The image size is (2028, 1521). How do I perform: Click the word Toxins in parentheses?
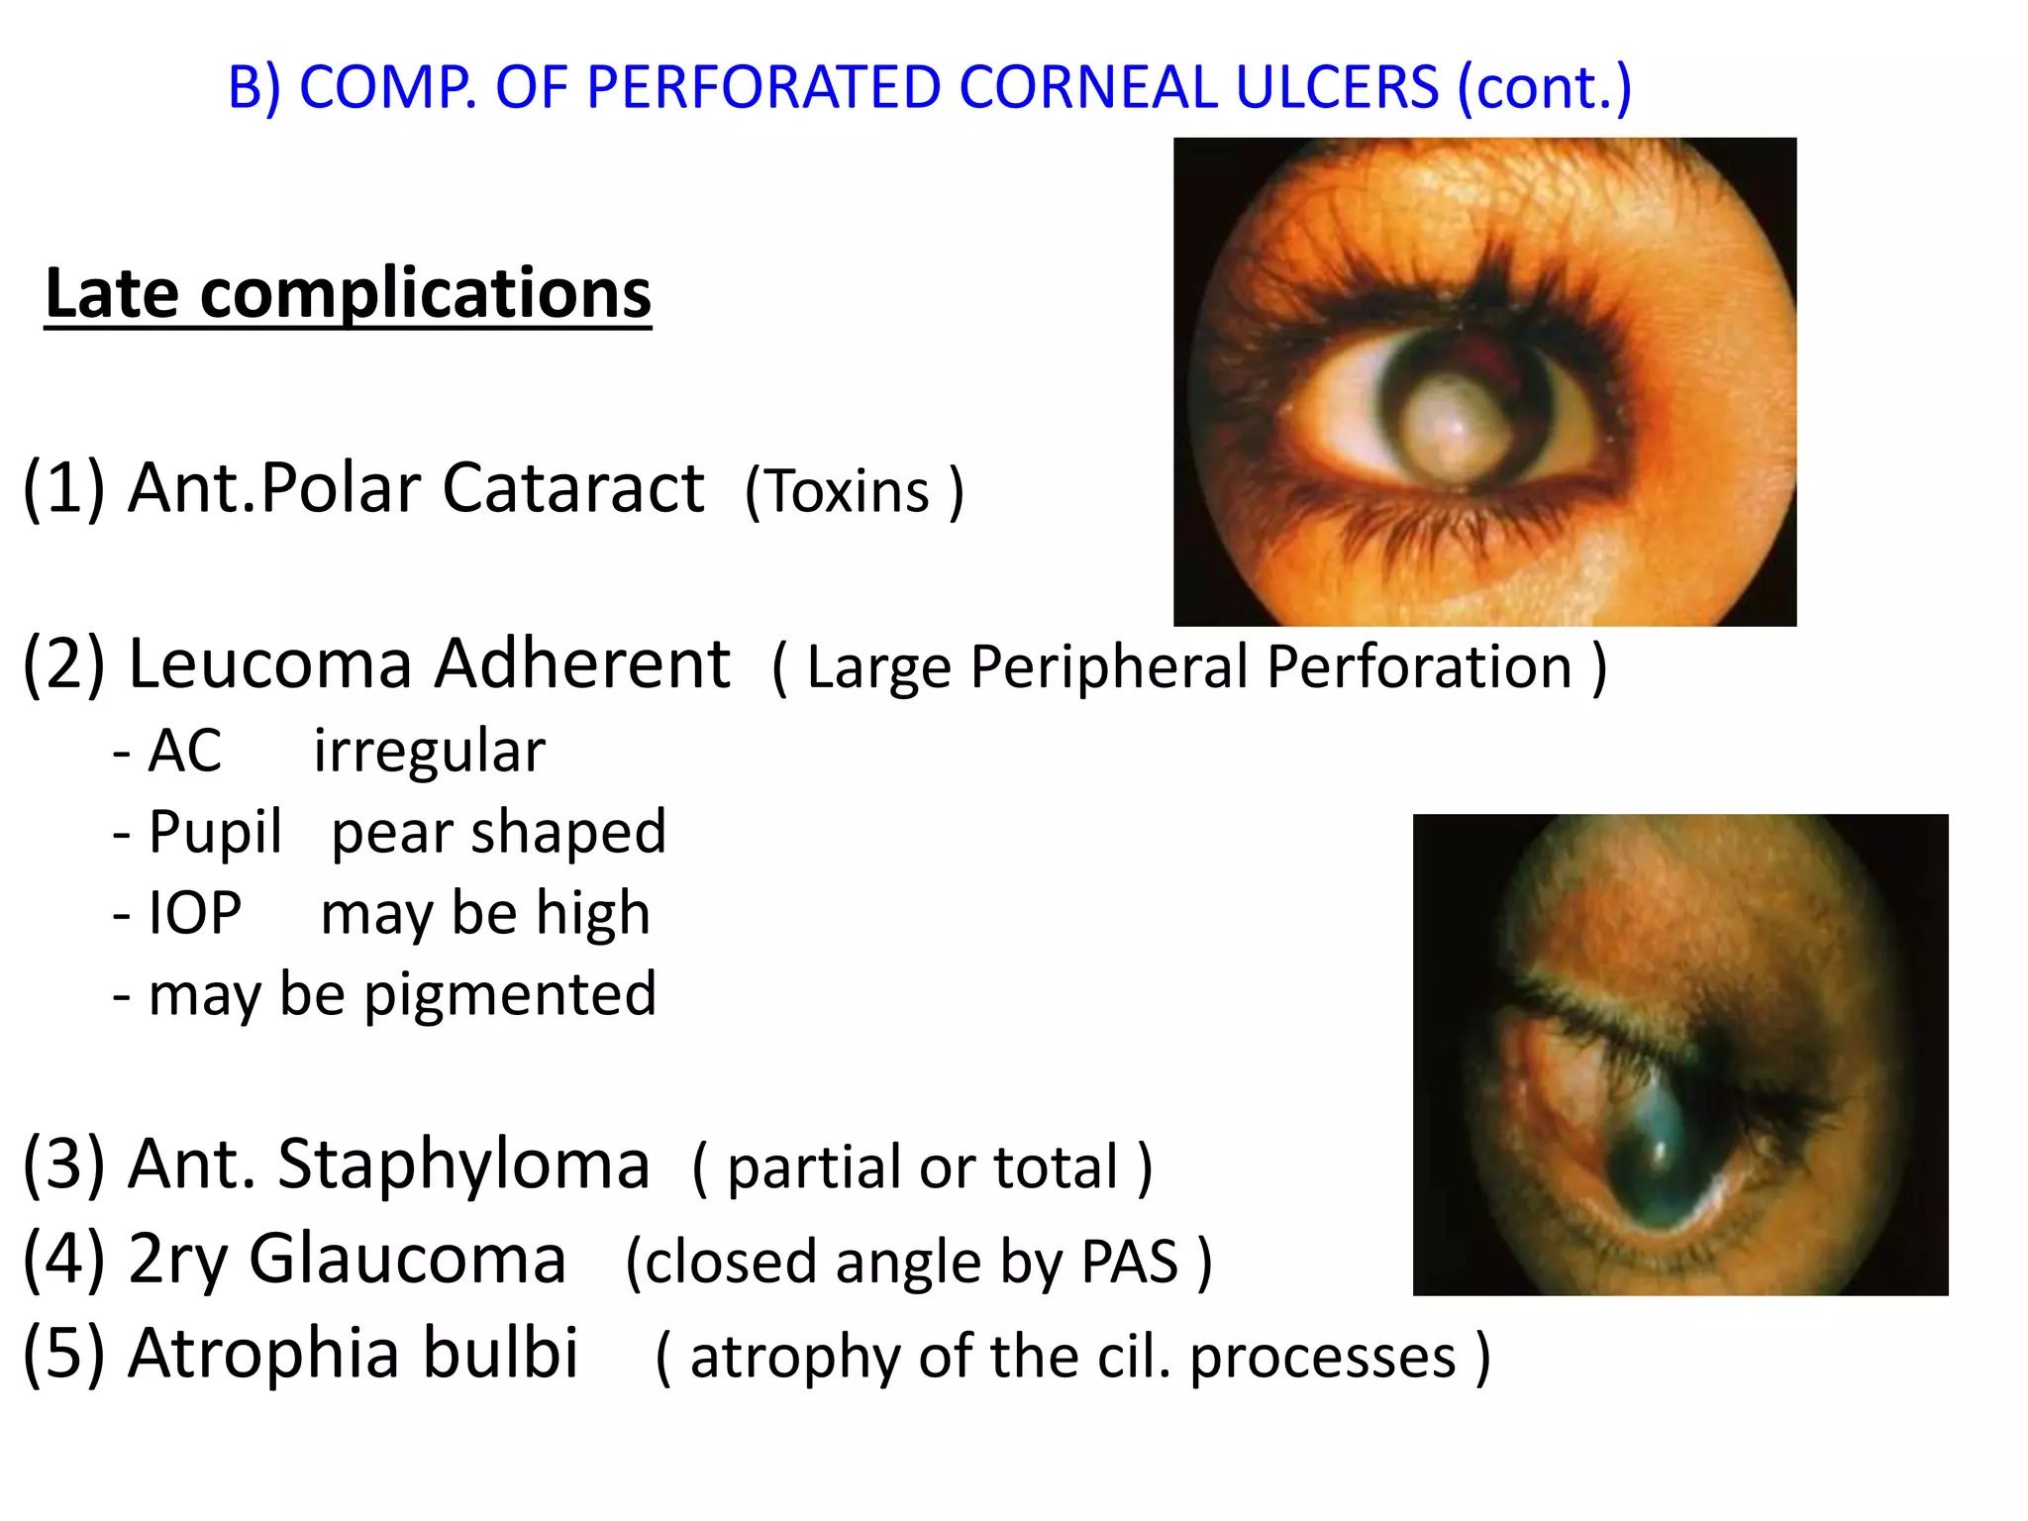tap(849, 491)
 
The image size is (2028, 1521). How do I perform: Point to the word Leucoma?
tap(269, 662)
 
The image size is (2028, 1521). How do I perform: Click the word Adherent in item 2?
tap(582, 662)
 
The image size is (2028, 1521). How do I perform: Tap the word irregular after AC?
tap(429, 751)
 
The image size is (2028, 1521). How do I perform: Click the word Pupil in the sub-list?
tap(215, 832)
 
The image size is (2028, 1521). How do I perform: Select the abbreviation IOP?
tap(194, 913)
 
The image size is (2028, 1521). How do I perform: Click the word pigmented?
tap(510, 994)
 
